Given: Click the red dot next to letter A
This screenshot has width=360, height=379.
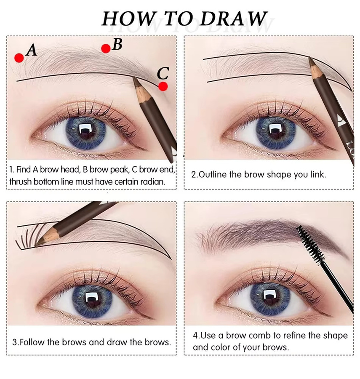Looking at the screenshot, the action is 19,58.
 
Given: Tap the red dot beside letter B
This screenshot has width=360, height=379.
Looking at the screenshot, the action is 106,49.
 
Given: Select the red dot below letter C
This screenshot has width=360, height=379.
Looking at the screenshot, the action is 163,86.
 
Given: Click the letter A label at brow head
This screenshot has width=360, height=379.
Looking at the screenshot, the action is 32,50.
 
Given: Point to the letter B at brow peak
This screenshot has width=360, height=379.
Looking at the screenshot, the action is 117,45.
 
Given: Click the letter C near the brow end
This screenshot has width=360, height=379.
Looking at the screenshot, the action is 163,73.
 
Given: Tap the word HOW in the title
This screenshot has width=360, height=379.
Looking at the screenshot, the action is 128,19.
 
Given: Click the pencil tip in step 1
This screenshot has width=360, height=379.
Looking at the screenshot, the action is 133,77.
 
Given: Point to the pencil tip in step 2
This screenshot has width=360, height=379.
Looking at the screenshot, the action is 309,58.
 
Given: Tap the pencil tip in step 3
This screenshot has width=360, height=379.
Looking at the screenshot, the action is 36,245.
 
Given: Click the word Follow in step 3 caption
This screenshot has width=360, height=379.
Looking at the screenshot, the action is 32,342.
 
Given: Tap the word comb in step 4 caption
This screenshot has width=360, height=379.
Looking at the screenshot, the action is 260,335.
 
